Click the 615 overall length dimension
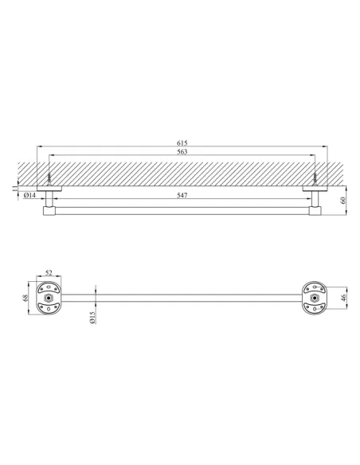coord(182,143)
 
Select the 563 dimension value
coord(182,152)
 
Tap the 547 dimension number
coord(182,195)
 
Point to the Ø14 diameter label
coord(29,195)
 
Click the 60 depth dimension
coord(343,200)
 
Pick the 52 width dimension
coord(49,272)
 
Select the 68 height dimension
coord(25,298)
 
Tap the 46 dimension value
coord(343,298)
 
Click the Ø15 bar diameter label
coord(92,318)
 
